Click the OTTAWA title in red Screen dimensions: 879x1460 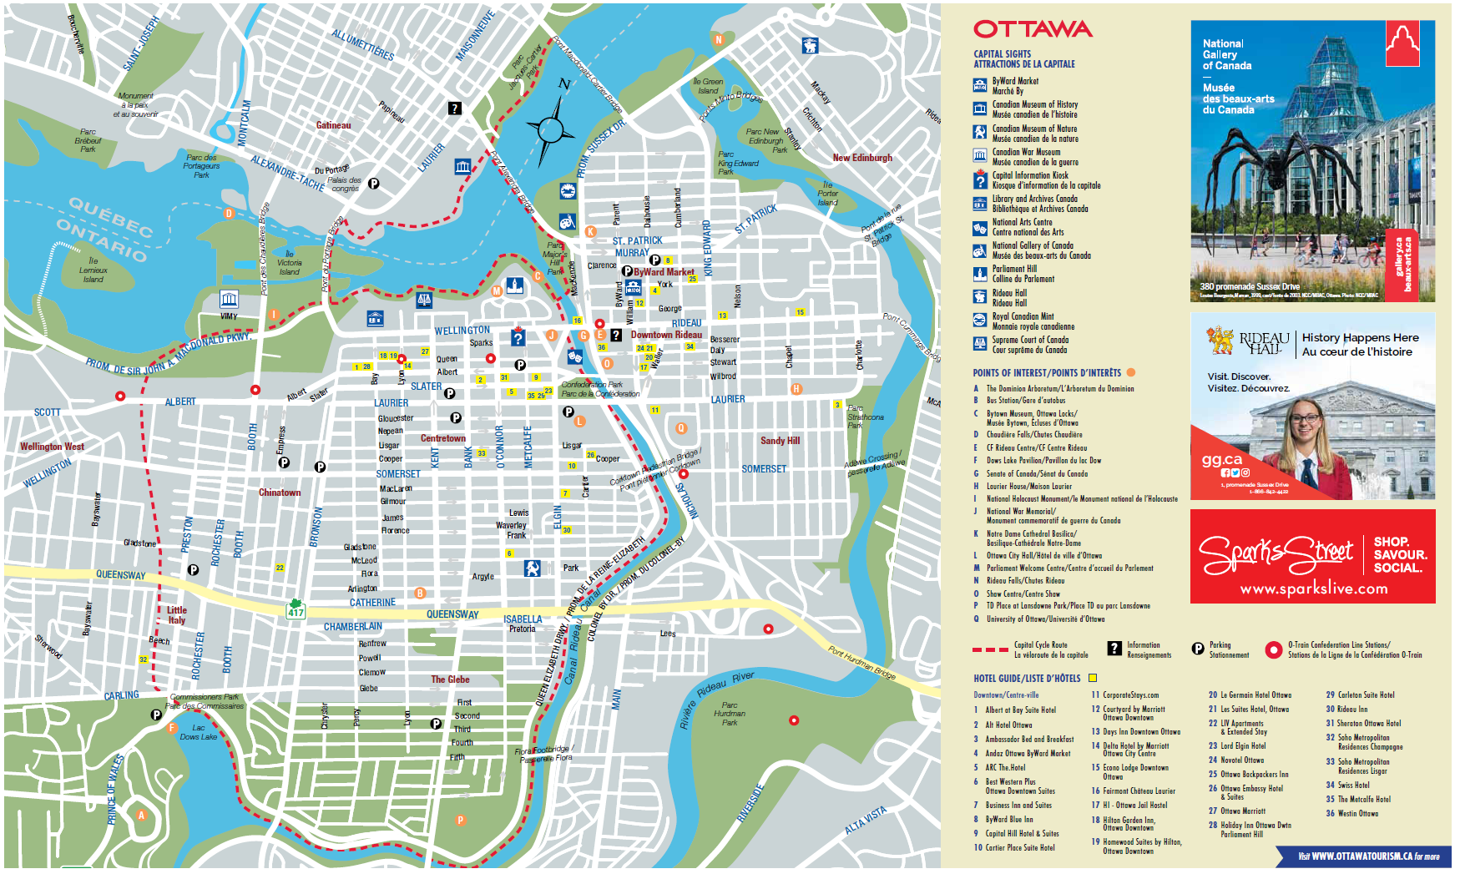[1033, 29]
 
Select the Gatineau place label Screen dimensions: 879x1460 [333, 125]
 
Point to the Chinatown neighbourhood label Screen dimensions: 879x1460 [280, 493]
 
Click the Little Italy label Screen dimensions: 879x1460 [177, 615]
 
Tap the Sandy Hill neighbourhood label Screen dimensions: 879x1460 [780, 441]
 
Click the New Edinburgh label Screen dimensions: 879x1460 [862, 158]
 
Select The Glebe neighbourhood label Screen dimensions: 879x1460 [450, 679]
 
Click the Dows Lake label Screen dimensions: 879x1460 [198, 733]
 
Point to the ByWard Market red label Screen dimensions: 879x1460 [664, 272]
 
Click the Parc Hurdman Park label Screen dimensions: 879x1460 [730, 714]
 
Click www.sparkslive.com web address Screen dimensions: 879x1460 [1313, 589]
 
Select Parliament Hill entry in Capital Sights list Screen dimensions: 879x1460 [1014, 274]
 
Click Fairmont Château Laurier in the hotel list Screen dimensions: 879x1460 [1139, 791]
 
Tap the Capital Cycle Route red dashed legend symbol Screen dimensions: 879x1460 [990, 649]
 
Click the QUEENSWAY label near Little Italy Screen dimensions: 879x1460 [120, 575]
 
